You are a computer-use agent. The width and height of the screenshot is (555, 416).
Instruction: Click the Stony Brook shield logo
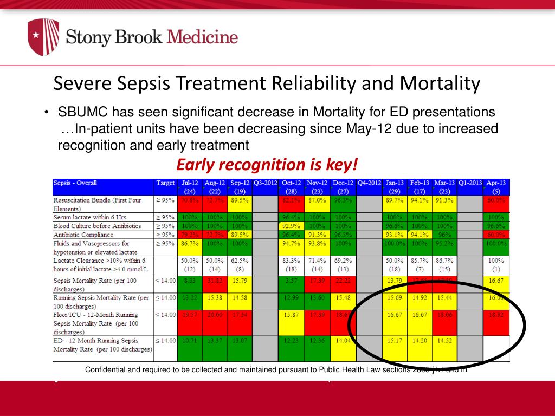coord(43,37)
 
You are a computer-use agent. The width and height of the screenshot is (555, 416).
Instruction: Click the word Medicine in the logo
coord(202,37)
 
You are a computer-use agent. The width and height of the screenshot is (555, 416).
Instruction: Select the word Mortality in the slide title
coord(440,83)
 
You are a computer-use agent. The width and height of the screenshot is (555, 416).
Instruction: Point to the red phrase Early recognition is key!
coord(267,164)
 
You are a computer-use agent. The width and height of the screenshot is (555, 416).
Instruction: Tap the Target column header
coord(165,183)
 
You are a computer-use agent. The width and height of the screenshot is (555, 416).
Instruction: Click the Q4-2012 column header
coord(369,183)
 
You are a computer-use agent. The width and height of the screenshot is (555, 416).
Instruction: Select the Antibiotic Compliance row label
coord(83,235)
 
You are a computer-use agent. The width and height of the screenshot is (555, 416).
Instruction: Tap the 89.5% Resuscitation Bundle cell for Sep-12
coord(240,200)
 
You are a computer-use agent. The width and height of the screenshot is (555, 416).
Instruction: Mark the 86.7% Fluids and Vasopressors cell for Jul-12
coord(190,244)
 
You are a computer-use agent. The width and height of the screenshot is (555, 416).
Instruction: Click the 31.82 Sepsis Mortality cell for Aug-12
coord(215,281)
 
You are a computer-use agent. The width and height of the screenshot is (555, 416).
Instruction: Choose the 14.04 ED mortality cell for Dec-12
coord(343,341)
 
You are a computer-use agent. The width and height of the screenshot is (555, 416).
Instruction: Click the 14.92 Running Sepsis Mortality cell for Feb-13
coord(420,297)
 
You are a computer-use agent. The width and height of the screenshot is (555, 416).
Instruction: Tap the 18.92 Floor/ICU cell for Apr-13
coord(496,315)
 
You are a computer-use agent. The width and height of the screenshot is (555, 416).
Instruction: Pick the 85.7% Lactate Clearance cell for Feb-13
coord(420,261)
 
